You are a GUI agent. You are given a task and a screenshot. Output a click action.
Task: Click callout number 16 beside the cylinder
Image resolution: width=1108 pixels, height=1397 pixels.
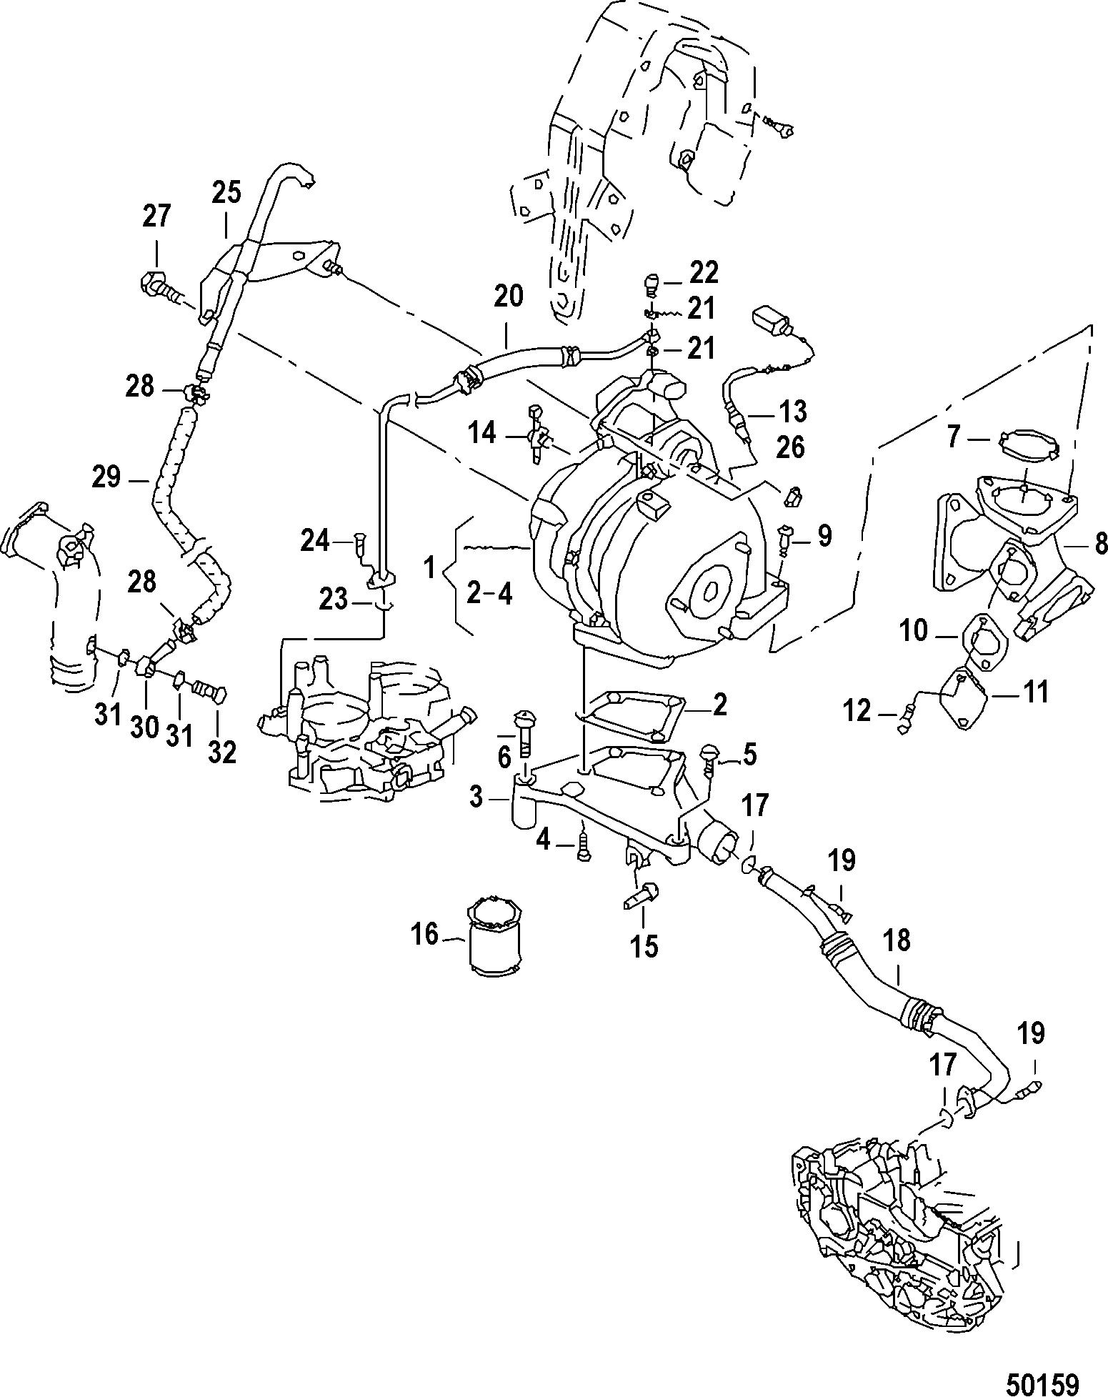[x=425, y=934]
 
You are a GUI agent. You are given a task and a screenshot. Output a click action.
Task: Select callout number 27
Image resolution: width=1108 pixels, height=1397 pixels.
[x=156, y=216]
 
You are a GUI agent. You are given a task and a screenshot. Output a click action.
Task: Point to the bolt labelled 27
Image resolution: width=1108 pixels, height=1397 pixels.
[x=158, y=284]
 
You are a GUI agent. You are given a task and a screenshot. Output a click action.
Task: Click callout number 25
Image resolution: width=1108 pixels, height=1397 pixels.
[x=226, y=193]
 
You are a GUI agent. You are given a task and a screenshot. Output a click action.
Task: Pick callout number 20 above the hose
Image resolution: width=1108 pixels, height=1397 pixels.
[x=509, y=296]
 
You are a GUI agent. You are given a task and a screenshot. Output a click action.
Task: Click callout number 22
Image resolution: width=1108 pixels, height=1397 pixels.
[x=704, y=272]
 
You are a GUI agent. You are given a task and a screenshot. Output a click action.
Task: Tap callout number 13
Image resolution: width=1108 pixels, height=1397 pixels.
[x=791, y=412]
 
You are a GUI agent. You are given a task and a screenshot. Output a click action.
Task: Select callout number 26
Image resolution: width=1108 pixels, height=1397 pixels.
[x=789, y=447]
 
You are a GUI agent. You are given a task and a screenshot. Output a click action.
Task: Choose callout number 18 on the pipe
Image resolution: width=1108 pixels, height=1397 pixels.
[x=897, y=941]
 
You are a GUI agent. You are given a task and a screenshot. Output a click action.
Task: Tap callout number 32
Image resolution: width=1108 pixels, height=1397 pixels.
[x=221, y=751]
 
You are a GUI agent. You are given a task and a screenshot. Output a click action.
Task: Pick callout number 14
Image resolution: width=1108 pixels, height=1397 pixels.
[x=482, y=433]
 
